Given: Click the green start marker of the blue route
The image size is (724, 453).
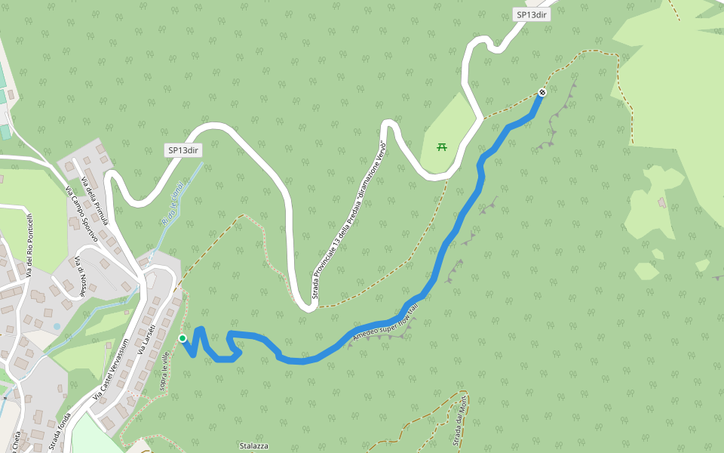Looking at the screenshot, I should [x=183, y=338].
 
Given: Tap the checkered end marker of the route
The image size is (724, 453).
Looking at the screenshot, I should [x=541, y=93].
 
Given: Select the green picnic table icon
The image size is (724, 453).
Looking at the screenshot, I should [x=442, y=146].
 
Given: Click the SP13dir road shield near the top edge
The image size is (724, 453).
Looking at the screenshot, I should [x=530, y=14].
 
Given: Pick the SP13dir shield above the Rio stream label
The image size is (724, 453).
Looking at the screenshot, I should [x=183, y=150].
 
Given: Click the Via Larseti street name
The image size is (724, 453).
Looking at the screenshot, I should [x=146, y=337].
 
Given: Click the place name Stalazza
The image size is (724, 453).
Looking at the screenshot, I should [x=254, y=445].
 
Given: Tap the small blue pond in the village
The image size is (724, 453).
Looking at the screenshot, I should [x=57, y=326].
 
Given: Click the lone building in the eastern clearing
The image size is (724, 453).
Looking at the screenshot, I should [x=662, y=202].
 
